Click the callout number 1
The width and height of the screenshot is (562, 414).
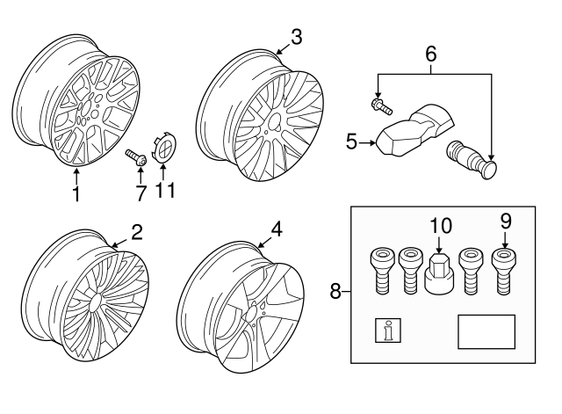[x=76, y=193]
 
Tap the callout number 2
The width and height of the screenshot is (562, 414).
[x=136, y=232]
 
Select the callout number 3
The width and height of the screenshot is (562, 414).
[x=296, y=37]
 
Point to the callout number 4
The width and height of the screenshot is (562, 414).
[x=277, y=229]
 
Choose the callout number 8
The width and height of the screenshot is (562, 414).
[x=335, y=290]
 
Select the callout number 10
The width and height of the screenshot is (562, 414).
[x=438, y=226]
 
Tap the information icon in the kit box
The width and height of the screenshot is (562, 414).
[x=387, y=330]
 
